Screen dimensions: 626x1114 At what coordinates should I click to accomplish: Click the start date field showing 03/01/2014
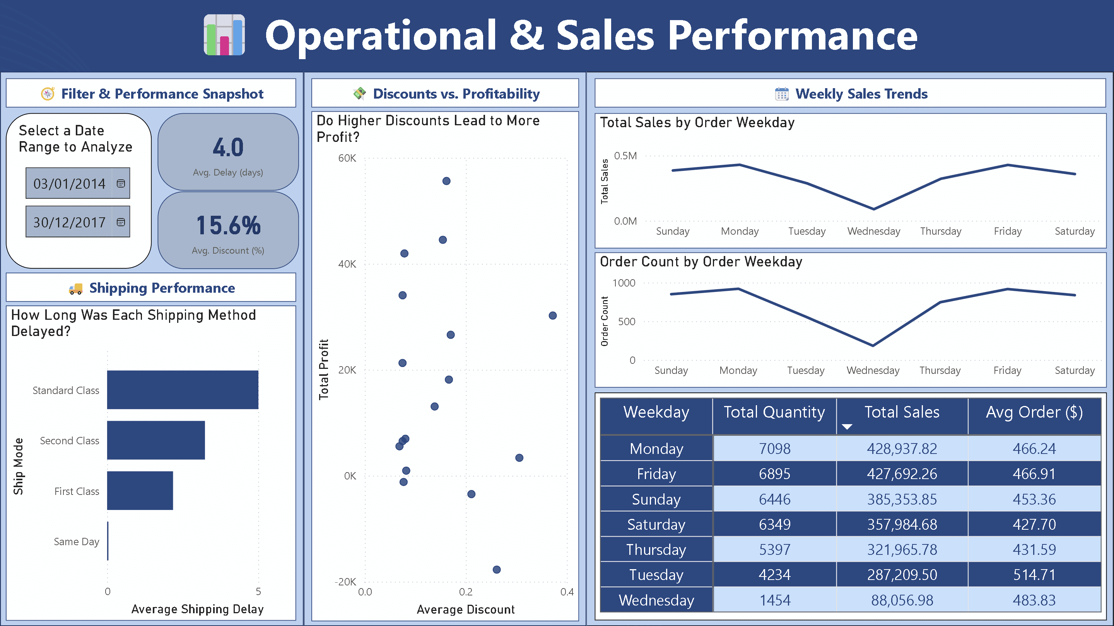pos(69,183)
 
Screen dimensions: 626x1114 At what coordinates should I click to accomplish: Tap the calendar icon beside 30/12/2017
pos(121,222)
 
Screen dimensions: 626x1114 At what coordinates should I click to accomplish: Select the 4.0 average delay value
pos(228,147)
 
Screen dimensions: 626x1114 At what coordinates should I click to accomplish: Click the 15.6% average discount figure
pos(228,225)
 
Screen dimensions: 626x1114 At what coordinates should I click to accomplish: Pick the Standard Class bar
pos(183,389)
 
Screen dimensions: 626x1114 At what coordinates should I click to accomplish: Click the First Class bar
pos(140,491)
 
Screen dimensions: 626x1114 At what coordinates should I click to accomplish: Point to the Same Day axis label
pos(77,542)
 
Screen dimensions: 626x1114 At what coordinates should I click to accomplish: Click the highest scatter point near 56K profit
pos(446,181)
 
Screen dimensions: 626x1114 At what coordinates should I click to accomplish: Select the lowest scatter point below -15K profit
pos(496,570)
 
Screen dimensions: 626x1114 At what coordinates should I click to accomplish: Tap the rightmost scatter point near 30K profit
pos(552,316)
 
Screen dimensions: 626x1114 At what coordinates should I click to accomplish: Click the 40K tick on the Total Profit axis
pos(347,264)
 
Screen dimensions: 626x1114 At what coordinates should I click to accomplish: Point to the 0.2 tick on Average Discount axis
pos(466,592)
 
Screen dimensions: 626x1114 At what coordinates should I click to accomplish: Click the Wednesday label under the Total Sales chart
pos(873,231)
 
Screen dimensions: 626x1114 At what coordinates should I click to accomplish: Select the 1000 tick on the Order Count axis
pos(624,283)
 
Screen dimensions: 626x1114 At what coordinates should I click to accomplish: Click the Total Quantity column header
pos(774,412)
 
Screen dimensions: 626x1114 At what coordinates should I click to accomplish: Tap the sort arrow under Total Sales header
pos(847,427)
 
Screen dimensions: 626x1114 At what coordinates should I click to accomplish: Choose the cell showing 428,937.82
pos(902,449)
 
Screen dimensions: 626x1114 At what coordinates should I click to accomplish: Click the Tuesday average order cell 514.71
pos(1034,575)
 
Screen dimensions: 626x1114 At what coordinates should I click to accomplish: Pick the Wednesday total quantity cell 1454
pos(774,600)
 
